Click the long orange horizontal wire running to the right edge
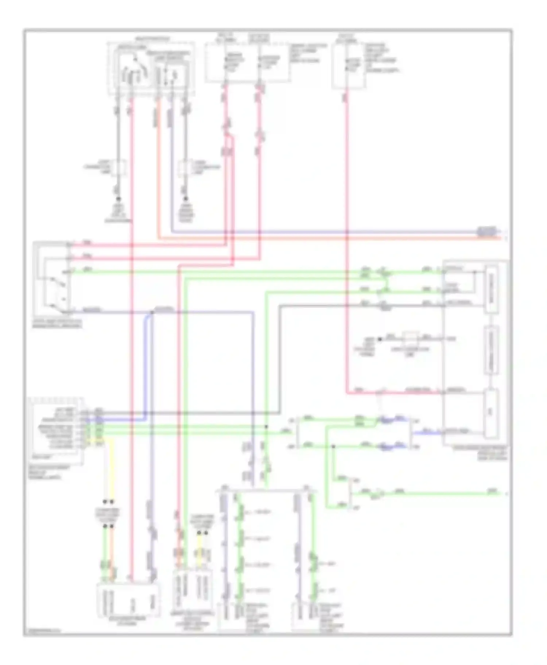tap(328, 238)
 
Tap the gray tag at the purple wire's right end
tap(487, 231)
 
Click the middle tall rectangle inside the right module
tap(491, 350)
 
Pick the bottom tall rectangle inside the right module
tap(491, 414)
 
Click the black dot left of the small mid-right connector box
tap(380, 339)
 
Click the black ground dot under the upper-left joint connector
tap(118, 199)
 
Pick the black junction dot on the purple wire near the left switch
tap(152, 312)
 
